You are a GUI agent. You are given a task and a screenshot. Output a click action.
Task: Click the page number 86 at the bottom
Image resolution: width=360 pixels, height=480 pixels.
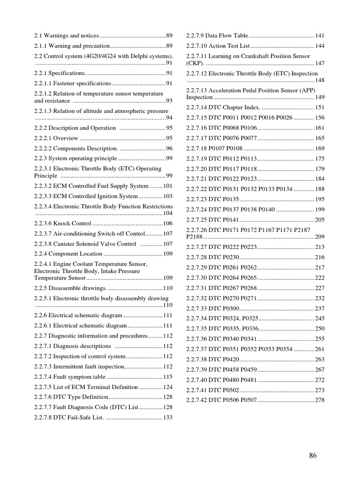click(x=314, y=456)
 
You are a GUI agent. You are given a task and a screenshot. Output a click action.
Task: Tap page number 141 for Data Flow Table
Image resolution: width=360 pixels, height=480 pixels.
click(x=320, y=36)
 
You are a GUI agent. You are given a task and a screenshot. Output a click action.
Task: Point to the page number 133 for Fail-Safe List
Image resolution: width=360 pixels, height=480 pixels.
click(x=168, y=417)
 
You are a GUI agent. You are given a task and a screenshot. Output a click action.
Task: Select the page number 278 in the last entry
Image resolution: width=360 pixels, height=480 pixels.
click(x=320, y=400)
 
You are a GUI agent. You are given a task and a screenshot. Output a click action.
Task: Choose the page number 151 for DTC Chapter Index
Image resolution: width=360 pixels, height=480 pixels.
click(x=320, y=107)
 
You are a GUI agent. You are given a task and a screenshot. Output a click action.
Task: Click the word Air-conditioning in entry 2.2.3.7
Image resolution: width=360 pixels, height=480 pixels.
click(x=75, y=233)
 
